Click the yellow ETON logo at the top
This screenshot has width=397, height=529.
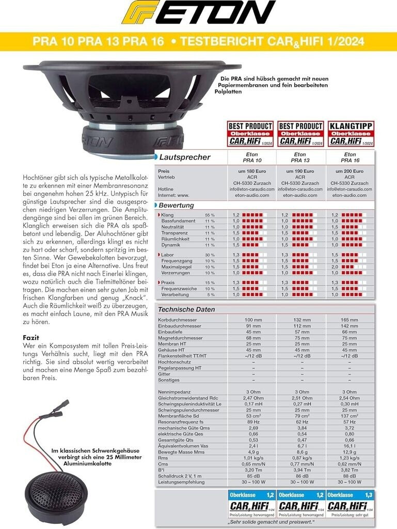click(198, 13)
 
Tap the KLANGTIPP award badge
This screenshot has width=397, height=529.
click(351, 134)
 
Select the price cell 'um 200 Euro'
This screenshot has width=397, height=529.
click(350, 170)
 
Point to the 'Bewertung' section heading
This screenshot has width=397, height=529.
click(177, 205)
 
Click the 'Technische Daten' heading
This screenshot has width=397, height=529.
click(186, 309)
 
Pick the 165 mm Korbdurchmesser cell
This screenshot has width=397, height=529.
click(350, 320)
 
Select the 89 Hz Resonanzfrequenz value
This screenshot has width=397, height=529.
click(253, 422)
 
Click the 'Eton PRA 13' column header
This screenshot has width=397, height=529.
click(299, 157)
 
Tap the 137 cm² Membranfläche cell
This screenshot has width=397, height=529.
click(350, 416)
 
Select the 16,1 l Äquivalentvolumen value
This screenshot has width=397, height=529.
click(350, 445)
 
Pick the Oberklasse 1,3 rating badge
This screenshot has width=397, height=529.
click(351, 501)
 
